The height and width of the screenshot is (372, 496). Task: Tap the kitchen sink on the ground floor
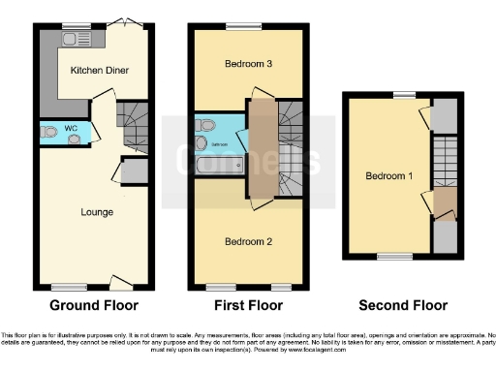point(70,40)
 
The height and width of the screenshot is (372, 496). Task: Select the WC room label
point(70,126)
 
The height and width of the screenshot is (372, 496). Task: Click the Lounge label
point(97,212)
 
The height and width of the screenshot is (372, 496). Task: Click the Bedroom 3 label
point(248,65)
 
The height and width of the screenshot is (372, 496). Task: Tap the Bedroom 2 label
point(248,240)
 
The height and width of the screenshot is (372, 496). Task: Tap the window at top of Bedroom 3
point(237,26)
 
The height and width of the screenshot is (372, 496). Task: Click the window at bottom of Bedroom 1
point(392,256)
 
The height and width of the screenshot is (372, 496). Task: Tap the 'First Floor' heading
point(248,306)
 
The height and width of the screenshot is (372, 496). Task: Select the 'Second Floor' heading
point(403,306)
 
